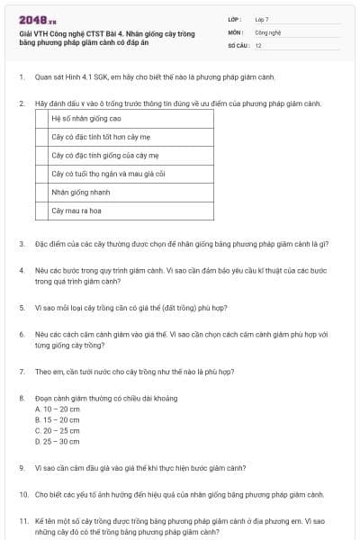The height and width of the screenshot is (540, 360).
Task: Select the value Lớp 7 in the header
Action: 262,18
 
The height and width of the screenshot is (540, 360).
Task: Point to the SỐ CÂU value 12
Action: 258,45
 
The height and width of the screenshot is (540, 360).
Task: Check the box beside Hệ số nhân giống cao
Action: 41,118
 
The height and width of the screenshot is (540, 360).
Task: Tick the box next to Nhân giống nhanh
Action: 41,192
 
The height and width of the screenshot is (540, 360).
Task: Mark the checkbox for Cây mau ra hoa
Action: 41,211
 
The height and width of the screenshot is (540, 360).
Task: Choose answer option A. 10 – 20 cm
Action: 57,409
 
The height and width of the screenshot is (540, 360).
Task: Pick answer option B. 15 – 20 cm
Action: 57,420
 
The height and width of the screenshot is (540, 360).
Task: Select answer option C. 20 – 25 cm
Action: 57,431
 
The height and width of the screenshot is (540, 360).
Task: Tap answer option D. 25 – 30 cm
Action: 57,442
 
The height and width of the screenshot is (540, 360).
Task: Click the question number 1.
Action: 21,78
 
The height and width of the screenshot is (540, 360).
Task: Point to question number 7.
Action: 21,371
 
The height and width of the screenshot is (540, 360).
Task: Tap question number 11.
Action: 22,521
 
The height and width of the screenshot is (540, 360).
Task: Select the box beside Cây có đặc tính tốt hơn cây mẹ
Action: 41,137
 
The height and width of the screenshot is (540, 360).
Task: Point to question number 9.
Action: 21,468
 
